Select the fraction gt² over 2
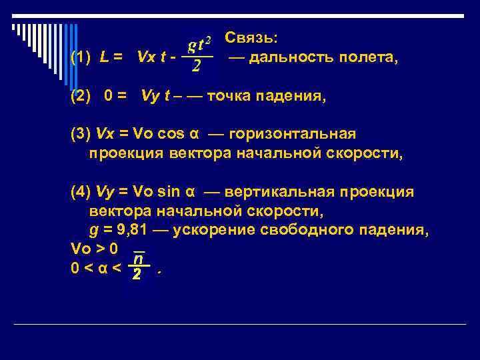(x=199, y=55)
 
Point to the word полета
(x=367, y=58)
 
